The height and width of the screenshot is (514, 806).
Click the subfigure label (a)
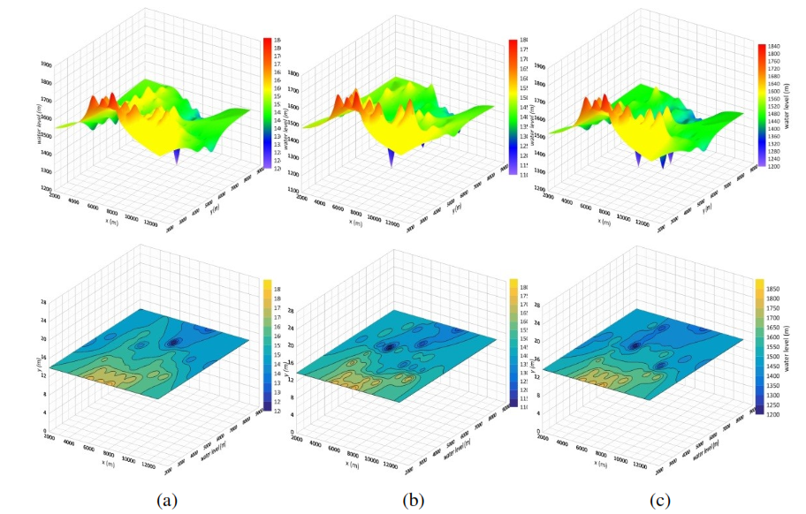click(166, 500)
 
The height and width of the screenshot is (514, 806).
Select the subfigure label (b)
click(413, 500)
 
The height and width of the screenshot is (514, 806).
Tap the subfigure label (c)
click(659, 500)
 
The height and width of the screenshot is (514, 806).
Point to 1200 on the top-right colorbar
click(775, 167)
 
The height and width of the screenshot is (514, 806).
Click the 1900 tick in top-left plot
click(47, 64)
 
